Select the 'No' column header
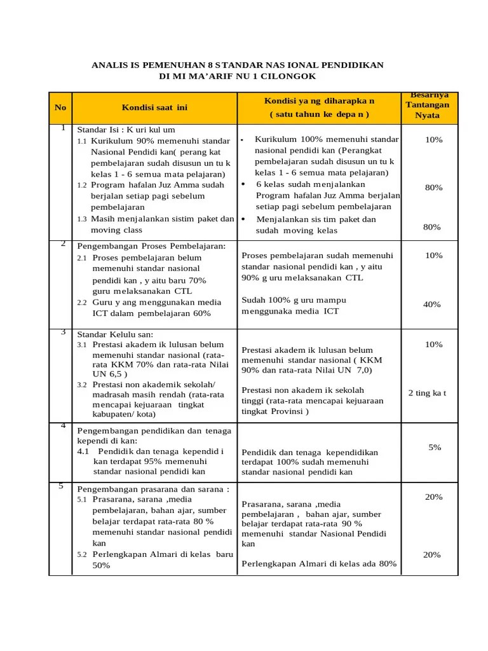click(60, 107)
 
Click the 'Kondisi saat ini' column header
click(155, 107)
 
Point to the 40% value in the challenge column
click(432, 305)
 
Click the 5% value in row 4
click(435, 448)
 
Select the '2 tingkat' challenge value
click(427, 393)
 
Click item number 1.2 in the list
click(82, 185)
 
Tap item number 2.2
click(82, 303)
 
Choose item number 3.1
click(82, 345)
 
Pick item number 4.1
click(85, 451)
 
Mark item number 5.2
click(82, 554)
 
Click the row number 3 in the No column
click(63, 332)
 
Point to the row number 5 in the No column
click(61, 486)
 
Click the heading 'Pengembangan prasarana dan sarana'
click(152, 490)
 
